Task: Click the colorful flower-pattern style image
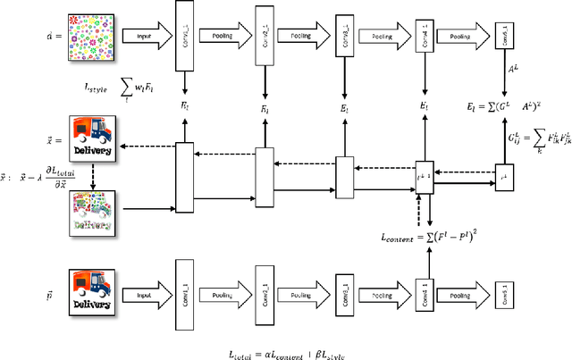91,38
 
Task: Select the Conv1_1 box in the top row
184,37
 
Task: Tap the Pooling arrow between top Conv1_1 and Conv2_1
223,37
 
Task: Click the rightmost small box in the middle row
505,178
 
